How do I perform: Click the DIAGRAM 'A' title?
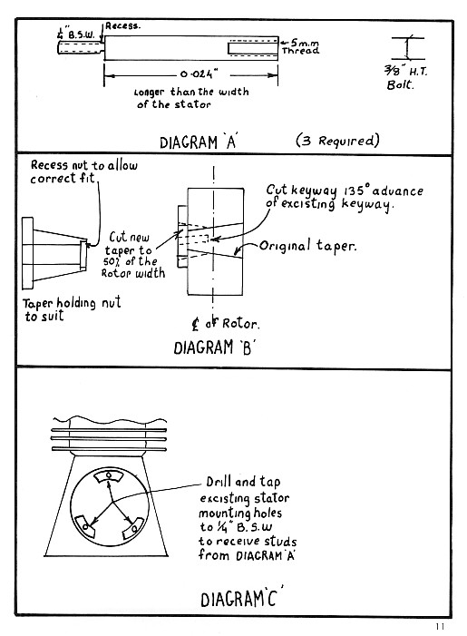pos(198,142)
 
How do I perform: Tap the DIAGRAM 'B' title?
pos(214,348)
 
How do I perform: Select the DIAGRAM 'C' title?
pos(241,598)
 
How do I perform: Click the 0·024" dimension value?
pos(199,74)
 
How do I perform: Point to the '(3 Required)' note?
pos(337,141)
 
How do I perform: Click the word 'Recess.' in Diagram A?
pos(122,26)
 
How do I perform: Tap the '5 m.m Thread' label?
pos(300,46)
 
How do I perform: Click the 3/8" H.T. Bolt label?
pos(405,78)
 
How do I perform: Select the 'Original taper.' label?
pos(307,246)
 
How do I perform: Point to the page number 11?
pos(440,626)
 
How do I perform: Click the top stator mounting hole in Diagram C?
pos(108,475)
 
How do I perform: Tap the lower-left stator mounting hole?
pos(85,527)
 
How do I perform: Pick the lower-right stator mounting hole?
pos(134,529)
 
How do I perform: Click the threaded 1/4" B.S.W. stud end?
pos(81,47)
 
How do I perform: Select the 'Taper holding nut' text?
pos(72,303)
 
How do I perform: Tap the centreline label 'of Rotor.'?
pos(232,323)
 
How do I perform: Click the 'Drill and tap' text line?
pos(243,482)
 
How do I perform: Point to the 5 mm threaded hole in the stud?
pos(253,48)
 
